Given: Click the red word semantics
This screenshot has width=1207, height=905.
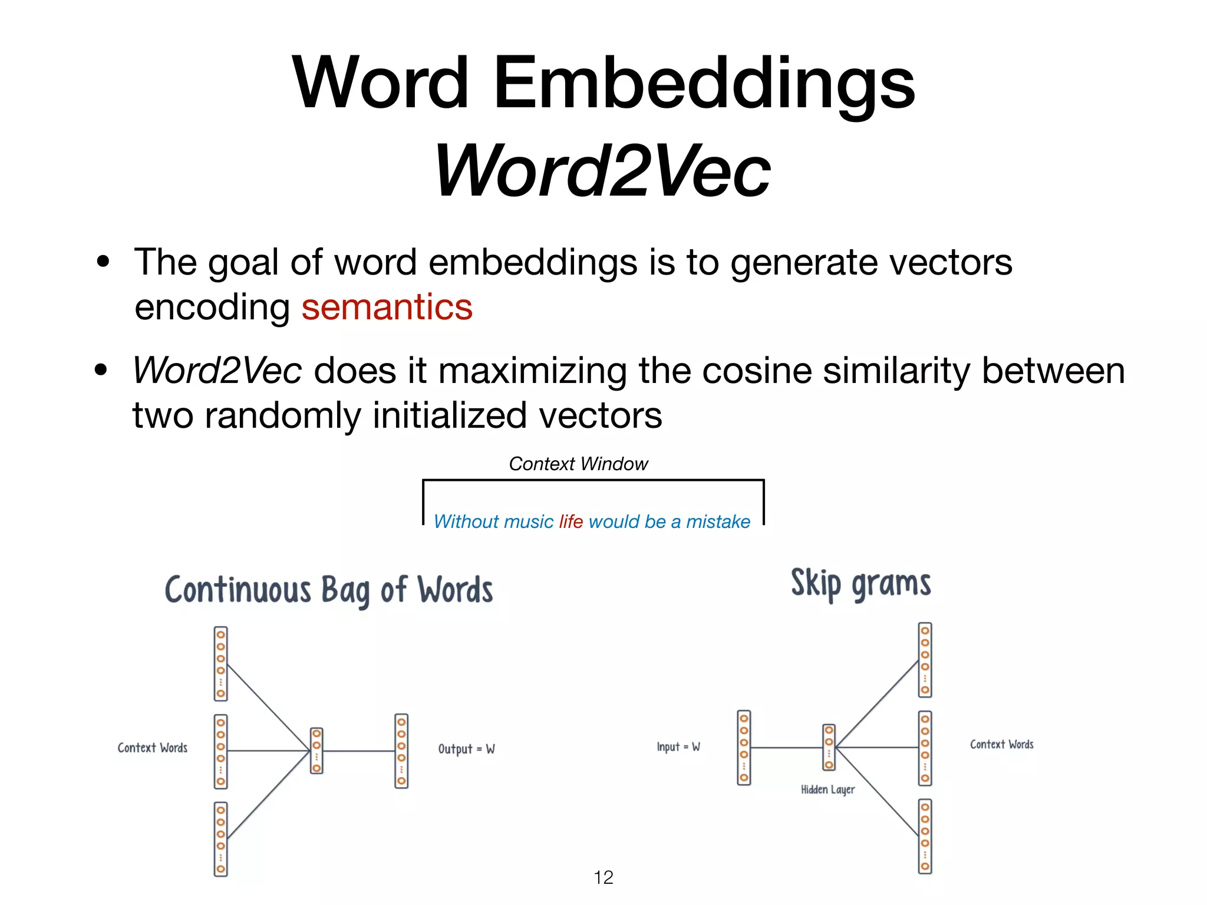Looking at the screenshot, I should point(387,308).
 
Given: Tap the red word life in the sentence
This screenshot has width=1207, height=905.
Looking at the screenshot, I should point(570,521).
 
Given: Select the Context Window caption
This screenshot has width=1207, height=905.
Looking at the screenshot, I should point(578,464).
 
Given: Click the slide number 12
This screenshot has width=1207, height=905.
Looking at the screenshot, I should point(603,877).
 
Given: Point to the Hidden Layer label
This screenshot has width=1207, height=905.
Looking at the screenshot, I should point(827,790).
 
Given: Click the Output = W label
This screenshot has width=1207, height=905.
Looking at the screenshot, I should point(466,749).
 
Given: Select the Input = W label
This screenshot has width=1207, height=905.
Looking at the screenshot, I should point(678,747).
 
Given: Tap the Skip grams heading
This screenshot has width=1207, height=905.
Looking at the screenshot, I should point(860,584).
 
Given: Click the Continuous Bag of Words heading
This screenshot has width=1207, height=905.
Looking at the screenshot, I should point(329,590).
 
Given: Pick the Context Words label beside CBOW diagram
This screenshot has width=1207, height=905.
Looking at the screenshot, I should point(153,748).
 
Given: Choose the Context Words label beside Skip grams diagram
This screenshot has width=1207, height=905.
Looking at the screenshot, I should point(1001,745).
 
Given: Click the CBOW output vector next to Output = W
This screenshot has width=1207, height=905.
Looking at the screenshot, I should point(401,751).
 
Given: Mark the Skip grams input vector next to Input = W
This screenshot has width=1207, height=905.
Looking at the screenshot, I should point(744,747).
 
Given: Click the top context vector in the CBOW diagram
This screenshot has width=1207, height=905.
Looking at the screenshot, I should point(221,663).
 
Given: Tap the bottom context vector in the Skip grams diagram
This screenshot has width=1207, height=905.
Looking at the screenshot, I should point(925,836).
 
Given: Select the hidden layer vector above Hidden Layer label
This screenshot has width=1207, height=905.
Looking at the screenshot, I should point(829,747).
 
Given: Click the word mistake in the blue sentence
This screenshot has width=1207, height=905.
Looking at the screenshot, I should point(718,521).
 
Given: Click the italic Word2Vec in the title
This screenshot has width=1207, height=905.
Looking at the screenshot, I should point(602,171).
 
